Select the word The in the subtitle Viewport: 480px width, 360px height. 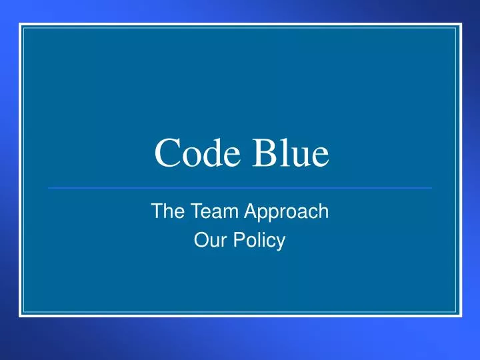[167, 212]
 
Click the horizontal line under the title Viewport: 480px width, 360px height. [240, 188]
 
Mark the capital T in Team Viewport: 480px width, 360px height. [190, 212]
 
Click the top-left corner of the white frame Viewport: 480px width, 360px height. [21, 25]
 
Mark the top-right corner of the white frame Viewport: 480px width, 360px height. [460, 25]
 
